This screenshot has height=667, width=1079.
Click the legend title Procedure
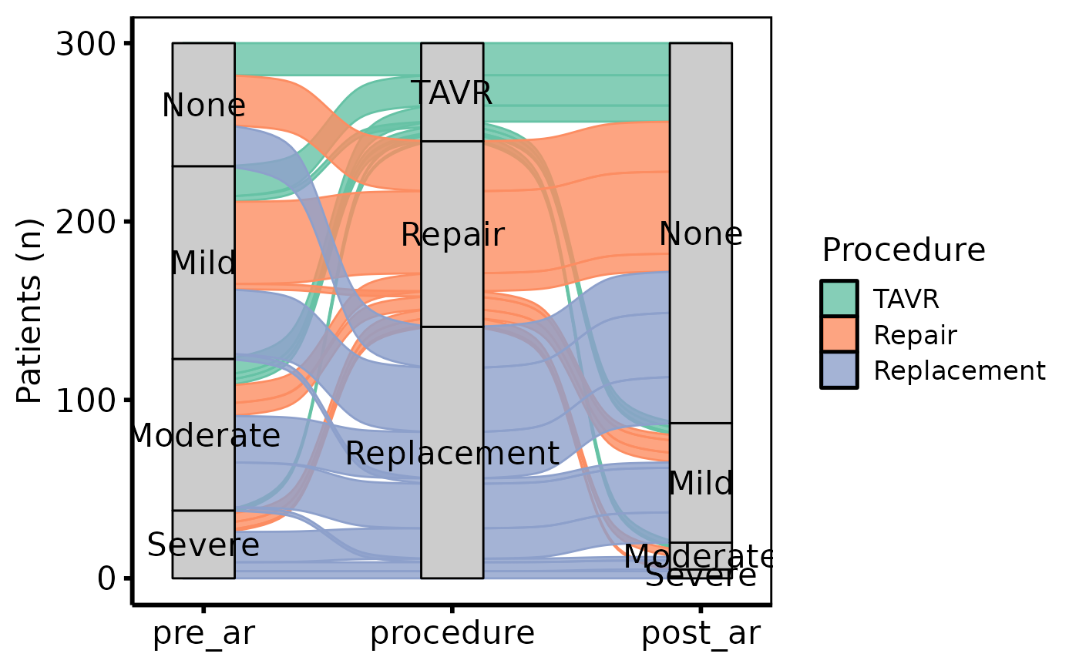903,251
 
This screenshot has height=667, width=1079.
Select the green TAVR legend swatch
839,299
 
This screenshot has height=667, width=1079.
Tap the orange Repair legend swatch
839,335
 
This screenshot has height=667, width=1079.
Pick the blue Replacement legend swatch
839,370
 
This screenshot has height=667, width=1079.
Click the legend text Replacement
959,371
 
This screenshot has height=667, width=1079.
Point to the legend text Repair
915,336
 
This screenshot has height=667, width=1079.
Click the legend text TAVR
906,300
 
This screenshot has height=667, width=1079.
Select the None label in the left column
203,106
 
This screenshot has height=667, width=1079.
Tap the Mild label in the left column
203,263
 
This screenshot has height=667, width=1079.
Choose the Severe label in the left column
203,545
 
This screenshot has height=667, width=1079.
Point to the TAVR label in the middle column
452,93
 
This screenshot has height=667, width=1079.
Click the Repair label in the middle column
452,235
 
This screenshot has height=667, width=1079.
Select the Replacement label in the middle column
452,454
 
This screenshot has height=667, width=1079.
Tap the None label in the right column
701,234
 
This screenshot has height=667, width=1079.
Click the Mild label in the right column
701,484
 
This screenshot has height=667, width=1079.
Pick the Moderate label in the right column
700,556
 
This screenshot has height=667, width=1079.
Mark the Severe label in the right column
701,576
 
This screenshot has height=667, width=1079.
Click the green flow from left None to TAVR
328,59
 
